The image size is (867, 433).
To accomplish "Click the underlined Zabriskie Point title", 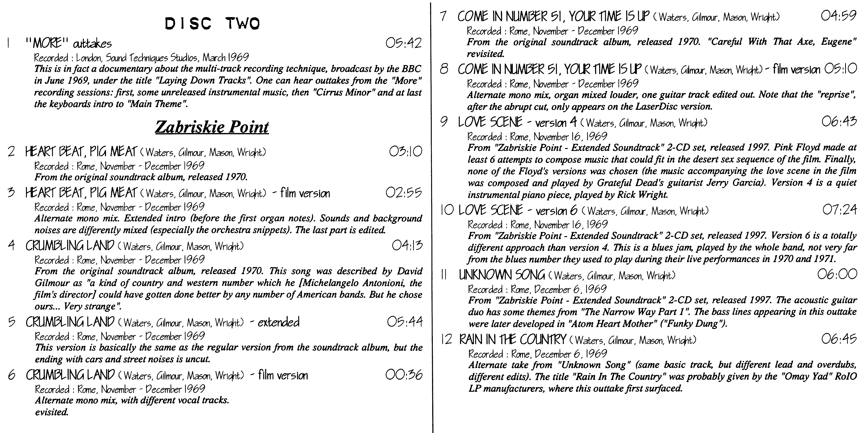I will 212,127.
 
